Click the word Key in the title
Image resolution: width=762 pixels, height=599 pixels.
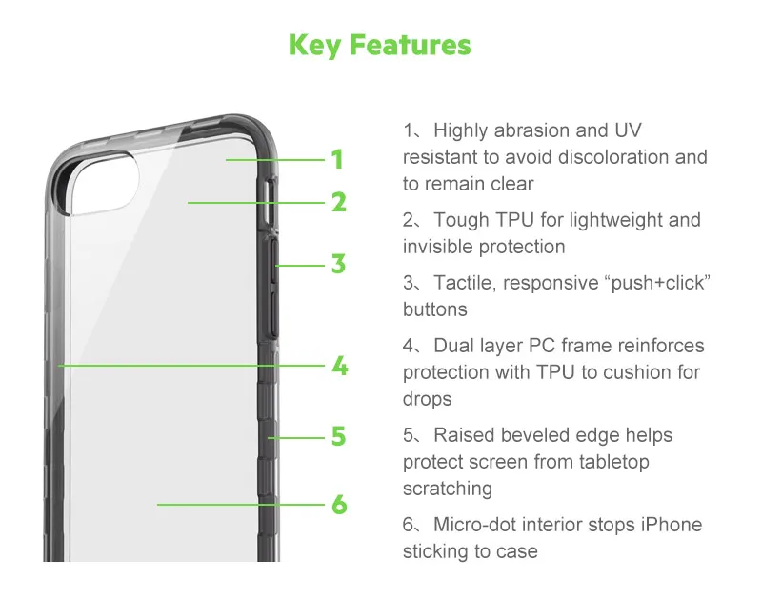click(314, 45)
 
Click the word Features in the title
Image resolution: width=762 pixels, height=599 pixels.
click(411, 45)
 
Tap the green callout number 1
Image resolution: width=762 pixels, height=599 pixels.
click(338, 159)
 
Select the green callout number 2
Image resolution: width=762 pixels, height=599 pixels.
click(339, 202)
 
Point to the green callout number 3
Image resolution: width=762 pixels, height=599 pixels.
click(339, 265)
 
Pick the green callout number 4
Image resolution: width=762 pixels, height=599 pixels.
click(340, 366)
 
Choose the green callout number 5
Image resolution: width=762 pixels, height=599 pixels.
click(339, 436)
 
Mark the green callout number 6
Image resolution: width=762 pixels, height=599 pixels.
click(339, 505)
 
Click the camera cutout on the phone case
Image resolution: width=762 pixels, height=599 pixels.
click(103, 183)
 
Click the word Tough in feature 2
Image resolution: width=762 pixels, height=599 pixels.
click(461, 220)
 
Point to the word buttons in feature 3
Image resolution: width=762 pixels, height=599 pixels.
click(435, 309)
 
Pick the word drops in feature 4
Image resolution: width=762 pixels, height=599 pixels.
click(427, 399)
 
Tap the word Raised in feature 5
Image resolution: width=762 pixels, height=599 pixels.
click(464, 435)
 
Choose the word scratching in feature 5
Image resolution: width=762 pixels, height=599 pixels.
click(448, 489)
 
